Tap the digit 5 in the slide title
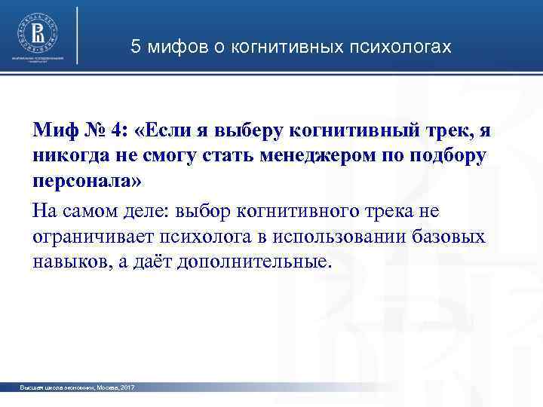(x=136, y=47)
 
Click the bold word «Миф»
(x=54, y=130)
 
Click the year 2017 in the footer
(x=127, y=387)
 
